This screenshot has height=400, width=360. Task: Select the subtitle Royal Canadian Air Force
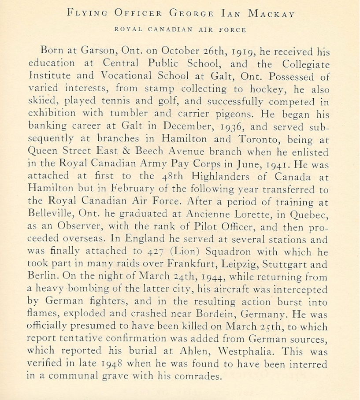(179, 30)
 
